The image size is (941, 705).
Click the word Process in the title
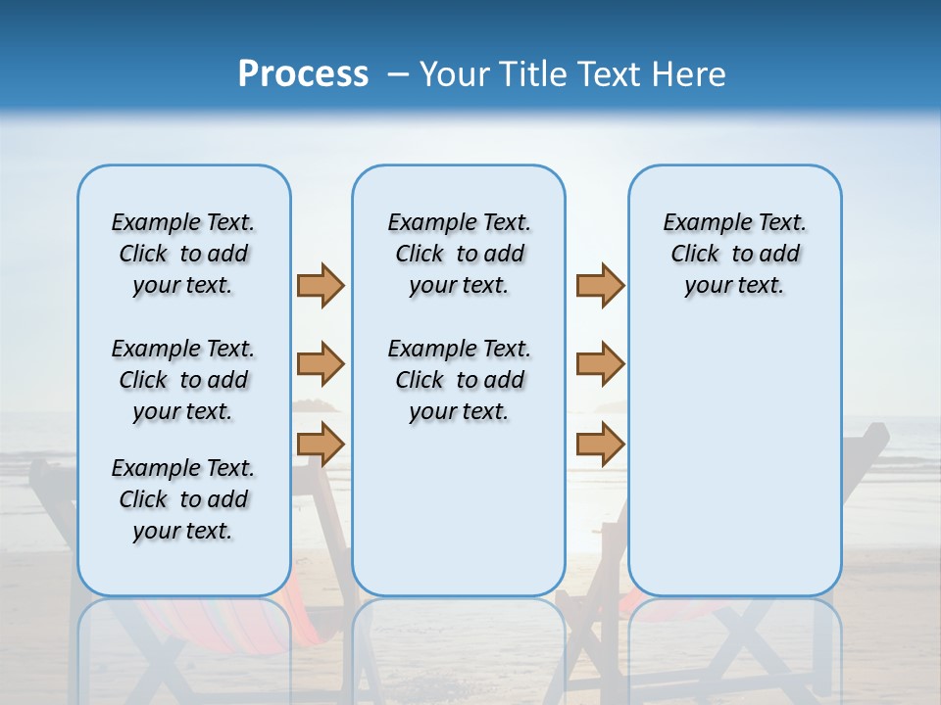point(303,73)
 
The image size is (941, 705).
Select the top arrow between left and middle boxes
point(321,285)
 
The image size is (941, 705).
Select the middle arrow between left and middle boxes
point(321,364)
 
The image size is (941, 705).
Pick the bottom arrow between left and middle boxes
point(321,443)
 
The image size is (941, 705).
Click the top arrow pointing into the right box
point(600,285)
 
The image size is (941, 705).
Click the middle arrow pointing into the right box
point(600,364)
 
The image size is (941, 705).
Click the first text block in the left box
point(183,254)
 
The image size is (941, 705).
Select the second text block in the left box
point(183,380)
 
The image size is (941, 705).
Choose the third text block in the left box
point(183,499)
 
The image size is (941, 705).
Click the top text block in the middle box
point(459,254)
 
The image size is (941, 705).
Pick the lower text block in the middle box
point(459,380)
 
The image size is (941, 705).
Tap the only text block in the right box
point(735,254)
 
